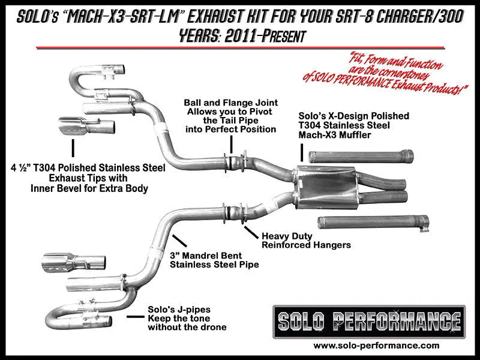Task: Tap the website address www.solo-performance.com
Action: point(376,346)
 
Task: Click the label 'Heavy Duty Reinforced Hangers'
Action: point(306,240)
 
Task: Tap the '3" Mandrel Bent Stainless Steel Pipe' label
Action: point(214,259)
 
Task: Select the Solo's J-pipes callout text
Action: point(187,319)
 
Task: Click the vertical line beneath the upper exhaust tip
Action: point(73,148)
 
